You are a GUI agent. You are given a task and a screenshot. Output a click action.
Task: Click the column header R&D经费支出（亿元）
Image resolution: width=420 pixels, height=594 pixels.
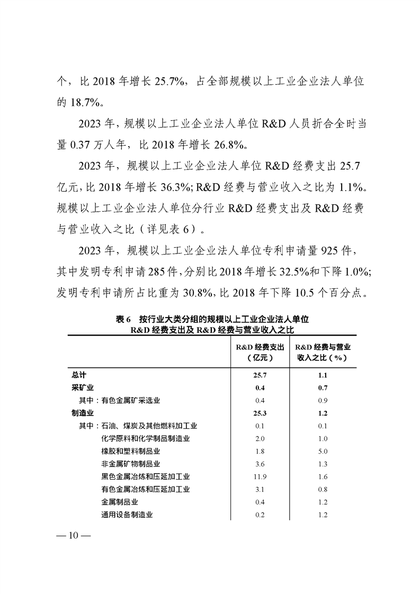tap(260, 352)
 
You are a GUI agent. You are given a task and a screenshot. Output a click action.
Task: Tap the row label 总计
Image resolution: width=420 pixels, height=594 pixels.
tap(78, 375)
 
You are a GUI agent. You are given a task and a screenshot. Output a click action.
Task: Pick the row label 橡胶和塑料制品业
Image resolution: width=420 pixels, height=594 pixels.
tap(130, 452)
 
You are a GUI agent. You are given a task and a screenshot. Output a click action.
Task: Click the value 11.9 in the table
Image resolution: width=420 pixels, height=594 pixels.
tap(260, 477)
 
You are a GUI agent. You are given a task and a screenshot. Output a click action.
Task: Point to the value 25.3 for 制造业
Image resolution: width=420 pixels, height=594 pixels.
tap(260, 413)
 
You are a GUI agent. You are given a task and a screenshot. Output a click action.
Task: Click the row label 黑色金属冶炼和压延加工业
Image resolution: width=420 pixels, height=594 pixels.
tap(145, 477)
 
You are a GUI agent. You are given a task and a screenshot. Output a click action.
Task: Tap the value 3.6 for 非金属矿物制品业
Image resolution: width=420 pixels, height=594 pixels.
tap(260, 464)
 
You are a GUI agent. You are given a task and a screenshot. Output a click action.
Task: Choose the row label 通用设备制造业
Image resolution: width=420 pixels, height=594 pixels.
tap(127, 515)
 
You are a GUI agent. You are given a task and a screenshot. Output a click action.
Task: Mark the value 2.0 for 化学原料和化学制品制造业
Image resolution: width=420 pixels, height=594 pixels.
tap(260, 439)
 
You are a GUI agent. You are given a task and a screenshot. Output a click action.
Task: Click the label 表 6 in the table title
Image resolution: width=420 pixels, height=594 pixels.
tap(123, 320)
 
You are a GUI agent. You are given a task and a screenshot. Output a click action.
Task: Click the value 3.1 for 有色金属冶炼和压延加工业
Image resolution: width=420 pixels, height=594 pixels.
tap(260, 490)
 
